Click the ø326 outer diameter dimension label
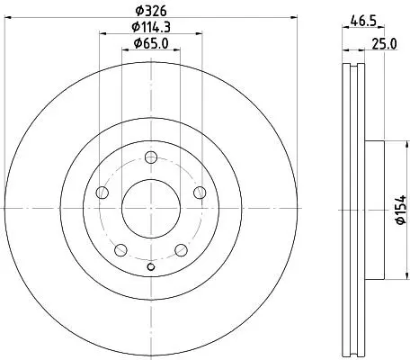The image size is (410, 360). click(x=151, y=12)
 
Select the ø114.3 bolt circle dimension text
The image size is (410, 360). click(x=151, y=27)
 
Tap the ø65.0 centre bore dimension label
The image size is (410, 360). click(x=151, y=44)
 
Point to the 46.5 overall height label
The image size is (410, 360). click(x=363, y=22)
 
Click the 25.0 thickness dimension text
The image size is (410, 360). click(x=384, y=44)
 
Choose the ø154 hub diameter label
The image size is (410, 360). click(x=400, y=210)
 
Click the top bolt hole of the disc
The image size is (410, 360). click(x=151, y=157)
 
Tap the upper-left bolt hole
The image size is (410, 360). click(x=102, y=193)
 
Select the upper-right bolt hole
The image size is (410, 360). click(x=200, y=193)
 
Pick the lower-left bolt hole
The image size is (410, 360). click(x=120, y=250)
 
